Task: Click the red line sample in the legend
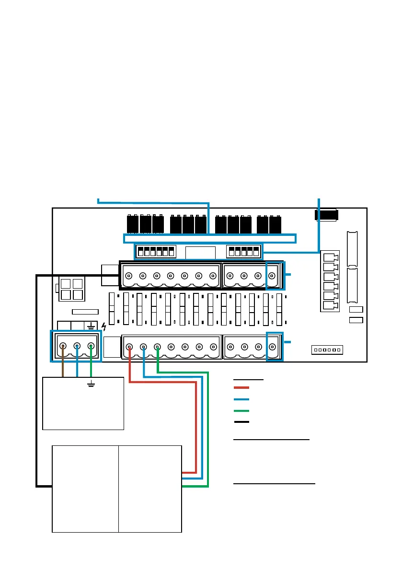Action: tap(241, 387)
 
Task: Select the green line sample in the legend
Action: tap(241, 411)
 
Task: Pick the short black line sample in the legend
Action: tap(241, 422)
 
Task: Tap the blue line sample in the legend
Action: tap(241, 399)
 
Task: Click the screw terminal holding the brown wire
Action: tap(63, 346)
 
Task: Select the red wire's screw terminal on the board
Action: tap(129, 347)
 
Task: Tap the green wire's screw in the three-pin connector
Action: tap(91, 346)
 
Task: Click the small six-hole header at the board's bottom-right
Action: tap(327, 350)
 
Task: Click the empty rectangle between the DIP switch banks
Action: tap(200, 252)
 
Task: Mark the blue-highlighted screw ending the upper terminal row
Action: tap(272, 276)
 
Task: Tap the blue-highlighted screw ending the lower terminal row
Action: tap(273, 347)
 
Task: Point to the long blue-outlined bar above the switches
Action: tap(210, 238)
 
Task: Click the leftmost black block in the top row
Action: tap(133, 224)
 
